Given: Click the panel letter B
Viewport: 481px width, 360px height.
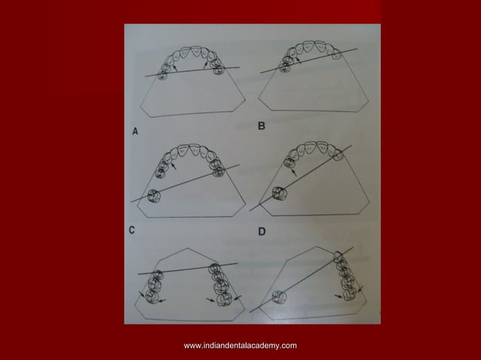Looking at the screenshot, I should tap(261, 127).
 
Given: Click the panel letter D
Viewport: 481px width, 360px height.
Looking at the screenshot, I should tap(261, 231).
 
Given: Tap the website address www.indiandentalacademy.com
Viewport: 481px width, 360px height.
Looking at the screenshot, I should tap(240, 345).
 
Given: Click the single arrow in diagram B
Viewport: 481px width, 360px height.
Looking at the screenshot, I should tap(298, 61).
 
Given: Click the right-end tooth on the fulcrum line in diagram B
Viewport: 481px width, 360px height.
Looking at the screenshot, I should tap(337, 53).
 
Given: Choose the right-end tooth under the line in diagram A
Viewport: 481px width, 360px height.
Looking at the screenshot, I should tap(219, 71).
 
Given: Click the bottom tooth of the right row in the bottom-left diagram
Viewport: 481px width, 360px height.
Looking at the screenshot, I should tap(225, 300).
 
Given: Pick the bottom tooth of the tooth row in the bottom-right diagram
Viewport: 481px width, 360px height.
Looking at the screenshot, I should tap(349, 293).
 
